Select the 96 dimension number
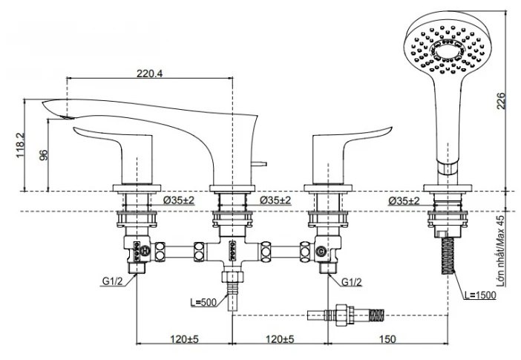(43, 155)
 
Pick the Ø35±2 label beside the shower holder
(404, 200)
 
